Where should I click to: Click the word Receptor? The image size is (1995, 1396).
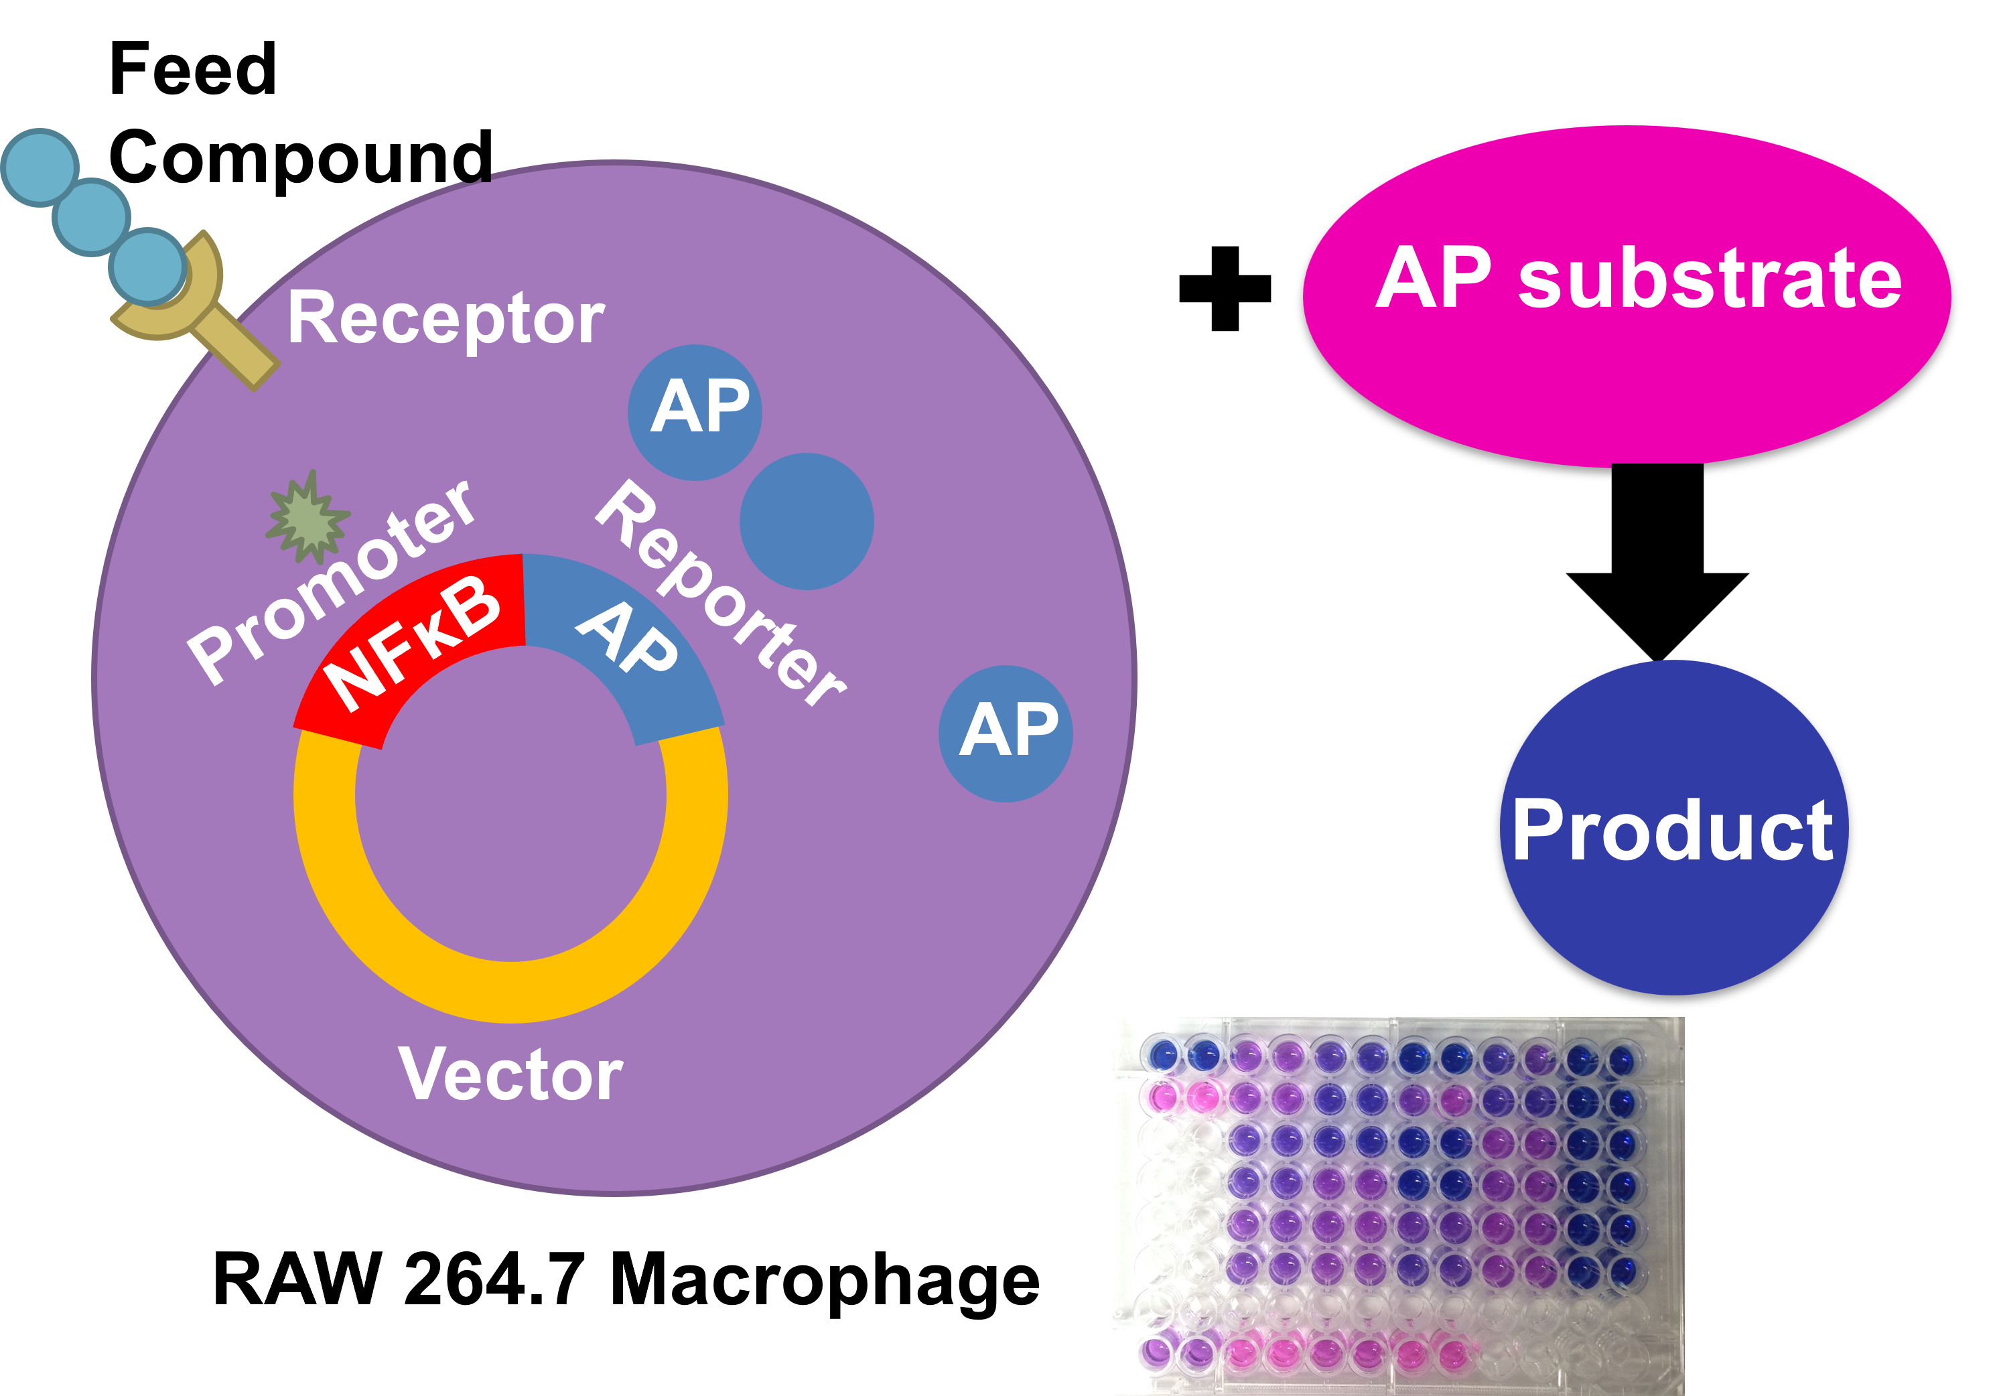click(445, 319)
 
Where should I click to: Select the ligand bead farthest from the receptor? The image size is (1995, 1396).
click(40, 167)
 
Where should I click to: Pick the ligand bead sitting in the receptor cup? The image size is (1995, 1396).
click(147, 266)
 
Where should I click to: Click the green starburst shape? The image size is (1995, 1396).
click(307, 518)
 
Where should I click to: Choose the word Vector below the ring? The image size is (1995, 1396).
click(511, 1074)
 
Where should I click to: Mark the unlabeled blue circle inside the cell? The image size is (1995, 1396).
click(807, 521)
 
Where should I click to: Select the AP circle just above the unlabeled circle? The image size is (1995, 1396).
click(695, 412)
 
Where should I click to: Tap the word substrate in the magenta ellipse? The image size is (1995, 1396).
click(1710, 280)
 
